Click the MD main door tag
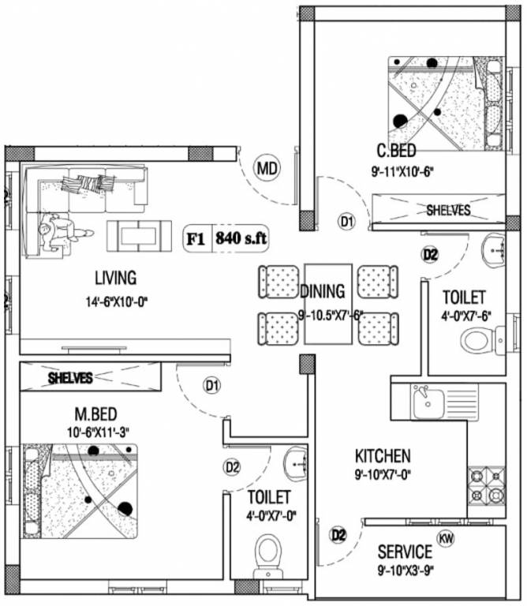(267, 169)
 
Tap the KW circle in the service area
(446, 538)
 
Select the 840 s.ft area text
(241, 238)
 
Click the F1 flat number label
(196, 239)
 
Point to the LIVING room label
(116, 278)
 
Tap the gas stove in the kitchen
(487, 488)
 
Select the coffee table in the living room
(139, 236)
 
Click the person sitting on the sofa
(62, 230)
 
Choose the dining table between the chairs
(328, 304)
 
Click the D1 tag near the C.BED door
(346, 222)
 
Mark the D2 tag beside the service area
(338, 535)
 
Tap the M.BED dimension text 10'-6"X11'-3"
(98, 432)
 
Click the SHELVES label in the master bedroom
(70, 378)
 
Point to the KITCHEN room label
(383, 456)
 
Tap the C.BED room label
(396, 151)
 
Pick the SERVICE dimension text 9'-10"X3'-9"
(406, 570)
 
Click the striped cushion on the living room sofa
(88, 183)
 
